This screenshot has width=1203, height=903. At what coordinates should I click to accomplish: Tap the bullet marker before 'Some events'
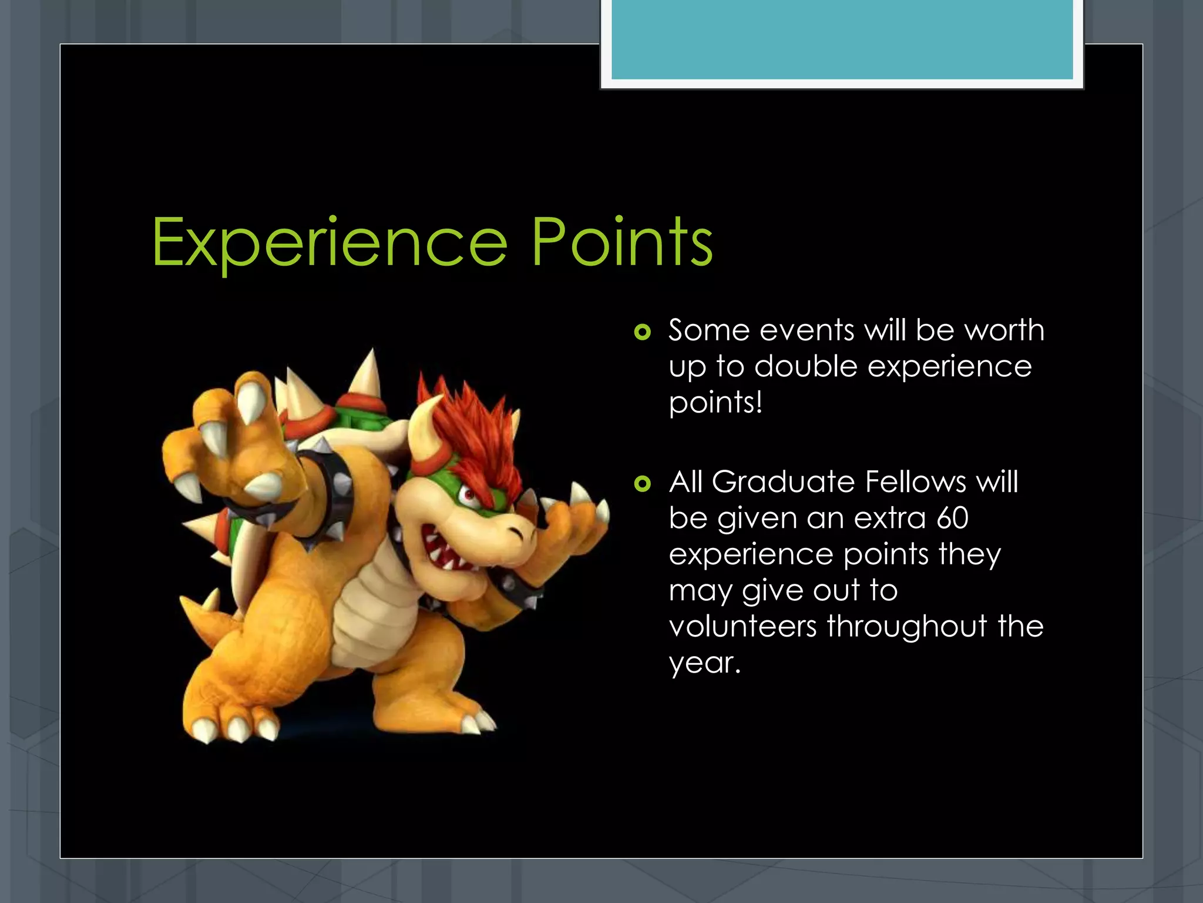[x=643, y=333]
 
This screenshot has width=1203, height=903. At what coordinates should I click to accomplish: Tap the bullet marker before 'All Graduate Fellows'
[x=643, y=484]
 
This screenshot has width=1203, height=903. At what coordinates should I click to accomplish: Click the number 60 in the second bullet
[x=952, y=519]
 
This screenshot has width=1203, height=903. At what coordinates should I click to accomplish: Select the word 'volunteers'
[x=742, y=626]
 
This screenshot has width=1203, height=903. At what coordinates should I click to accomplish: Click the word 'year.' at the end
[x=704, y=664]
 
